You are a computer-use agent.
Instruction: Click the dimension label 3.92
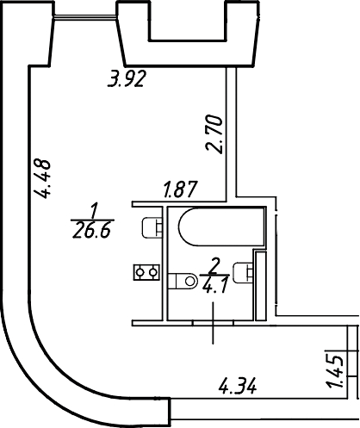pos(127,78)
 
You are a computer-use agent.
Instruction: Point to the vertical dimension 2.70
pos(214,134)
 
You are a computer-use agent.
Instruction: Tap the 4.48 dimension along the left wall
pos(42,179)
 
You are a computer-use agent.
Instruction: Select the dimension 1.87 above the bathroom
pos(181,189)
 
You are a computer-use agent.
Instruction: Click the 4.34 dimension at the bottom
pos(238,387)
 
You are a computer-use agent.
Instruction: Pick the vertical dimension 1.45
pos(336,372)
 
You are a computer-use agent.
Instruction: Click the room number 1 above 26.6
pos(94,211)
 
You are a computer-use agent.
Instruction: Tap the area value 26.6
pos(91,231)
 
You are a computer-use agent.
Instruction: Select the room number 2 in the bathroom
pos(214,266)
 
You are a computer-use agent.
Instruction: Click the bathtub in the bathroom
pos(221,226)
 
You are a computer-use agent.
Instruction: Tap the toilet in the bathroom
pos(183,281)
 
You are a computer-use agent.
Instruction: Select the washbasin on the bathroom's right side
pos(244,272)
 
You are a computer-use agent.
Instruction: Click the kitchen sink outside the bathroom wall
pos(152,227)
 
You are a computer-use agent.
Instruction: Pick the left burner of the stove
pos(140,272)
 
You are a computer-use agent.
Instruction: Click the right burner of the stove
pos(154,272)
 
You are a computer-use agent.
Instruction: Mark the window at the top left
pos(85,17)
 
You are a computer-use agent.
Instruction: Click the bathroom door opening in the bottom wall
pos(213,323)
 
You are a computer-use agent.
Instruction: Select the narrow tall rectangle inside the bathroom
pos(261,286)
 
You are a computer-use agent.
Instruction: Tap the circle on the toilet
pos(189,281)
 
